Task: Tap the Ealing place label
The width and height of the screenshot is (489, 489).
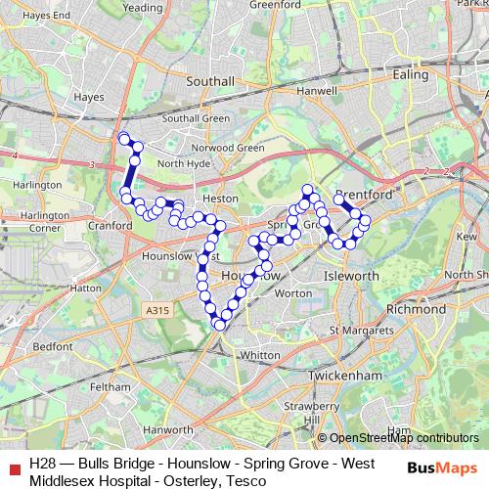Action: [410, 74]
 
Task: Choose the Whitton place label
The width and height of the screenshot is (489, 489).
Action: [259, 355]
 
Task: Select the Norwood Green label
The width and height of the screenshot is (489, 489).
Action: [235, 149]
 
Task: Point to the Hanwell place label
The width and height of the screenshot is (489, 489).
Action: [317, 91]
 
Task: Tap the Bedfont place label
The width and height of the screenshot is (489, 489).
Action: [53, 346]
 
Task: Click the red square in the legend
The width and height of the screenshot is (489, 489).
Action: [13, 465]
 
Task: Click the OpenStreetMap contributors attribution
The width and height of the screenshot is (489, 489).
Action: [404, 438]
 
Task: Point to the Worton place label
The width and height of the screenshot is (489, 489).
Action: [293, 292]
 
